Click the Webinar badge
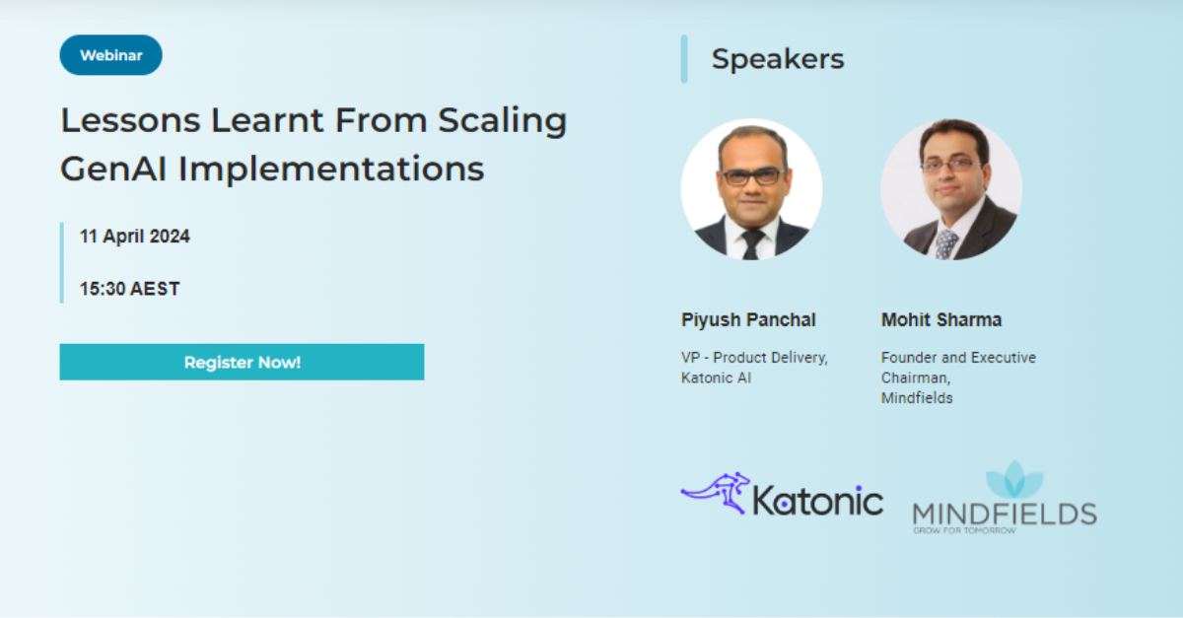pyautogui.click(x=111, y=55)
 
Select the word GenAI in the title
pyautogui.click(x=113, y=169)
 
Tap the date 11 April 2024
pyautogui.click(x=135, y=237)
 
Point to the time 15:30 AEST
pyautogui.click(x=130, y=289)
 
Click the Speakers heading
pyautogui.click(x=778, y=59)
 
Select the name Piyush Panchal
pyautogui.click(x=748, y=320)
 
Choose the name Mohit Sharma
pyautogui.click(x=940, y=320)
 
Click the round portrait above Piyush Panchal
pyautogui.click(x=751, y=189)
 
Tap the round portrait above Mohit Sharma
pyautogui.click(x=950, y=189)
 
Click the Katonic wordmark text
pyautogui.click(x=817, y=500)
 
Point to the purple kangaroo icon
pyautogui.click(x=716, y=492)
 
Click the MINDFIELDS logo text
pyautogui.click(x=1004, y=514)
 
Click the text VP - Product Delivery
pyautogui.click(x=754, y=358)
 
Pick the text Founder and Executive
pyautogui.click(x=958, y=358)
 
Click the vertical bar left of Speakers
pyautogui.click(x=684, y=59)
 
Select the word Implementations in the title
pyautogui.click(x=331, y=169)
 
